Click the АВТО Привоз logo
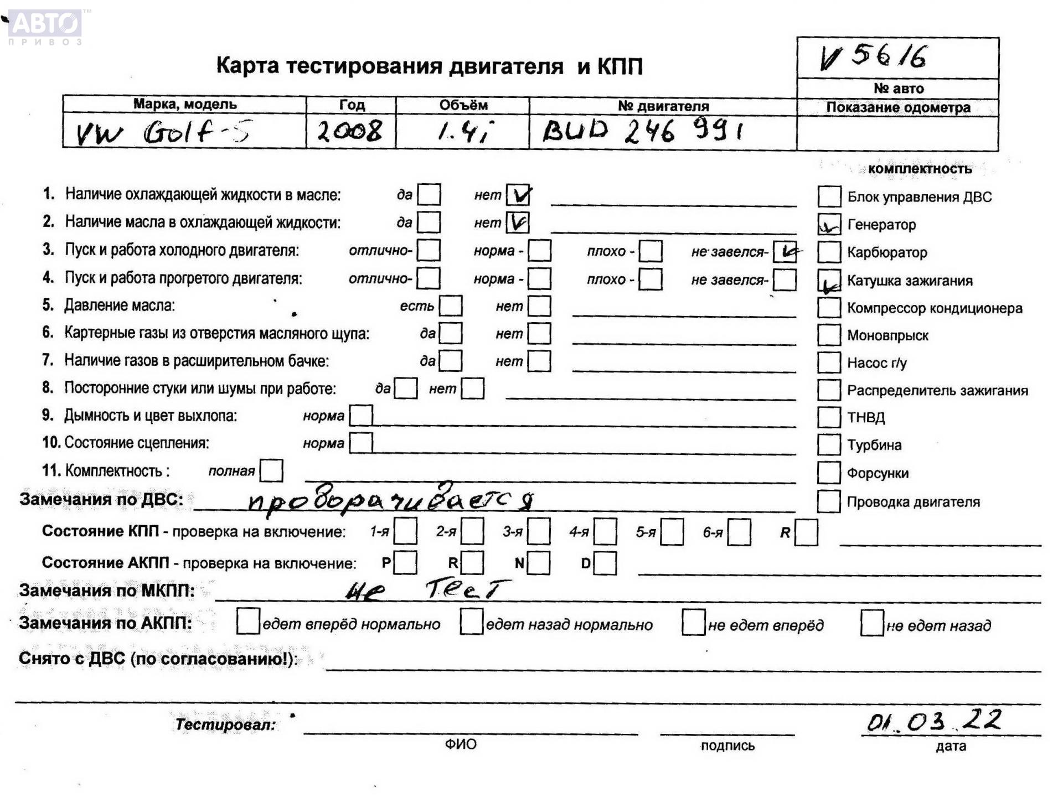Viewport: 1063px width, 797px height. [x=45, y=27]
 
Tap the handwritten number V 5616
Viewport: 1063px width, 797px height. [x=873, y=57]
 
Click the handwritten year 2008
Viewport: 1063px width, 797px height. [x=349, y=132]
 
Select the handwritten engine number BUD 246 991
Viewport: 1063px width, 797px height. [x=642, y=132]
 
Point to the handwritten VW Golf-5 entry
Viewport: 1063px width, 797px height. [x=163, y=133]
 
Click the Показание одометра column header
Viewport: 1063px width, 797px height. [x=897, y=107]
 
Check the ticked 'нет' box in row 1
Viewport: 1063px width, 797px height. [x=518, y=195]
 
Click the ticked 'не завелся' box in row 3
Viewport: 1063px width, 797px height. [x=785, y=251]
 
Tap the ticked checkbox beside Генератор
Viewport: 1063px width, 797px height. [x=829, y=225]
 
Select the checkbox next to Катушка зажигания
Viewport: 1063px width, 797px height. [x=829, y=281]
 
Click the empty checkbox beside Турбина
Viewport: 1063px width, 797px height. [x=829, y=445]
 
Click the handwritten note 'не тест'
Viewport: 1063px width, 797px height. [x=426, y=590]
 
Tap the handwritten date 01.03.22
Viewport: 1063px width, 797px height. [x=934, y=721]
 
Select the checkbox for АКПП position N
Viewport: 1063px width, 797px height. [x=539, y=563]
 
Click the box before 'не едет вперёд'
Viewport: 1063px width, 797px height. [x=693, y=623]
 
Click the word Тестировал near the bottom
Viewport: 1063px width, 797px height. [x=225, y=724]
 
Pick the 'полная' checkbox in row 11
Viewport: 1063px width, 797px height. [x=271, y=470]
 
